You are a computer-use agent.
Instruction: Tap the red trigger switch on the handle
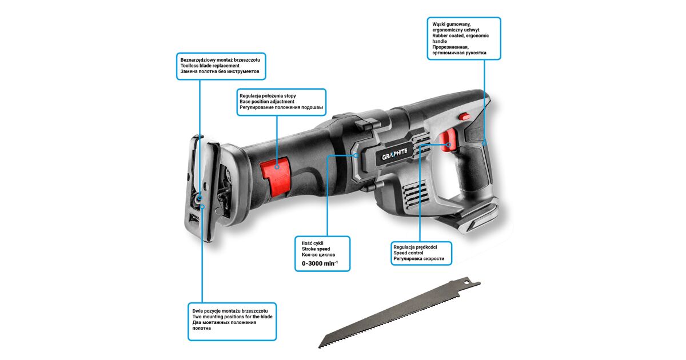coord(448,139)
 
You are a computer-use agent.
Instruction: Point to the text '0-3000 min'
coord(320,263)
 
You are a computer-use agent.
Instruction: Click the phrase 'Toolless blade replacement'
coord(210,66)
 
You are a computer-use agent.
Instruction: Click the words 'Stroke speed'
coord(316,250)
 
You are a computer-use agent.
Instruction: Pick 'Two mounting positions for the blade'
coord(232,317)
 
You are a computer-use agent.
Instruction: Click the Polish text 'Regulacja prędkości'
coord(415,247)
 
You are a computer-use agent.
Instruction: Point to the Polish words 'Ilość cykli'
coord(312,243)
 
